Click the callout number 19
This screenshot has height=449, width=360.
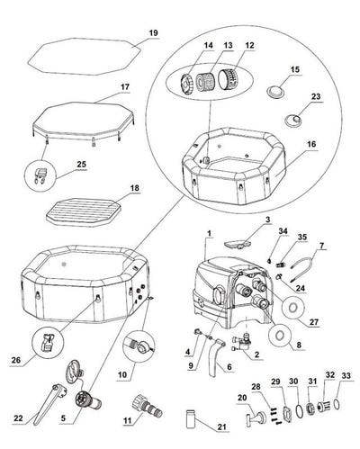pyautogui.click(x=153, y=33)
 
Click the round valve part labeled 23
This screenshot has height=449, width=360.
pyautogui.click(x=293, y=120)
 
